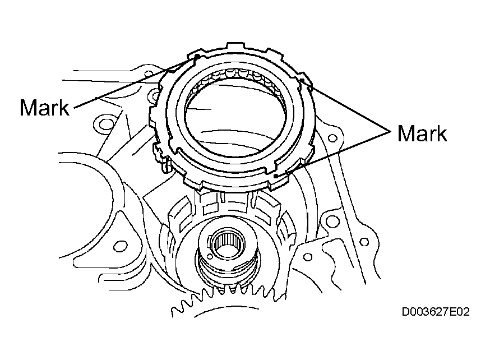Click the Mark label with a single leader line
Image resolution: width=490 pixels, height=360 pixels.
44,108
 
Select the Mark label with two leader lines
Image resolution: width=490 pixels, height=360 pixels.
422,133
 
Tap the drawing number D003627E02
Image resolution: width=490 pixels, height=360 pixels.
435,312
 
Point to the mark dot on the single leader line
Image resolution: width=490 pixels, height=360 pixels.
197,56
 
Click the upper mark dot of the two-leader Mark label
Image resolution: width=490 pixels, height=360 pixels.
302,81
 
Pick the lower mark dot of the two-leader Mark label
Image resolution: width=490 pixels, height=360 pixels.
276,176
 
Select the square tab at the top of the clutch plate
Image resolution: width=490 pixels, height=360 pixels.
235,45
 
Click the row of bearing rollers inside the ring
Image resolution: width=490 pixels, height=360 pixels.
238,77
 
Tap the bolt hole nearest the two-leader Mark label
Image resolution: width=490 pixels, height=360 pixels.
333,138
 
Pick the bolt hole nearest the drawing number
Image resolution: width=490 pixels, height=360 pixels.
364,242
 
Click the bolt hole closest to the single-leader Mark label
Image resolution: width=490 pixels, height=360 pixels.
104,124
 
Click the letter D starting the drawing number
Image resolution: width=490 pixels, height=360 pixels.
405,312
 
